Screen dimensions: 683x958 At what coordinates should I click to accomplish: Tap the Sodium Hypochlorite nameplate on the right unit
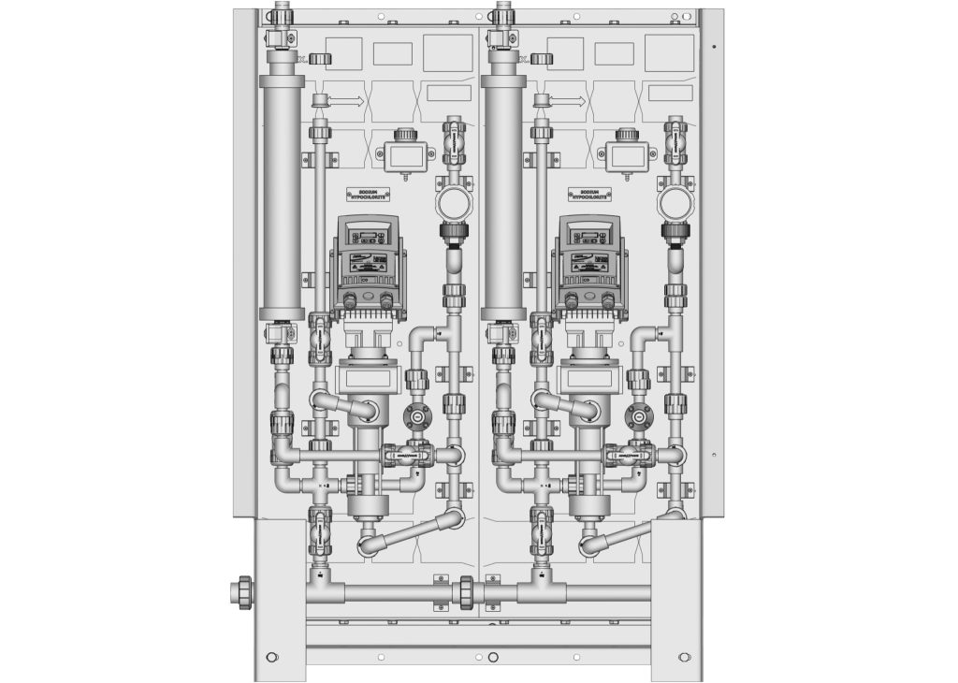(x=589, y=194)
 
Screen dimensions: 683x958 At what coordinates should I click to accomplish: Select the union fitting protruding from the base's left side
(x=242, y=592)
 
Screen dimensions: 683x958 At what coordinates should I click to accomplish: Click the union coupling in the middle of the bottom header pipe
(x=465, y=592)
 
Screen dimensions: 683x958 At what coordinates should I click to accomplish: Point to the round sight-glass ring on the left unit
(x=453, y=202)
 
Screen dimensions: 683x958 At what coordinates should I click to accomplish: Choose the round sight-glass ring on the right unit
(x=674, y=202)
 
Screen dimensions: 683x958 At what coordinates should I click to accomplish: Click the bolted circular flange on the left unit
(x=416, y=417)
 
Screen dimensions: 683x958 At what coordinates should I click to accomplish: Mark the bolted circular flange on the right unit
(x=638, y=417)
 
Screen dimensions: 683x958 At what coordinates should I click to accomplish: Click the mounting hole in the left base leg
(x=271, y=656)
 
